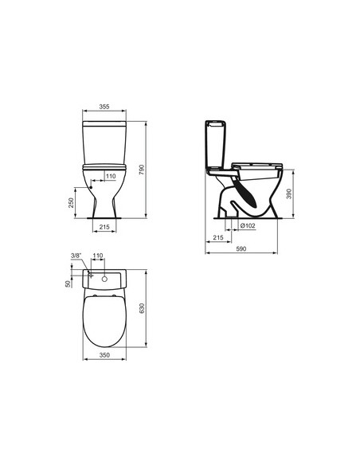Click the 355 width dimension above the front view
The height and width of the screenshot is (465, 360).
(104, 107)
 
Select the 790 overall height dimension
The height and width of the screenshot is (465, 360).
(142, 170)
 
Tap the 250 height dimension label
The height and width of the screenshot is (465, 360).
(71, 202)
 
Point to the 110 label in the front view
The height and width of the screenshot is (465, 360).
(111, 176)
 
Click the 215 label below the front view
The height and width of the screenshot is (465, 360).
(104, 227)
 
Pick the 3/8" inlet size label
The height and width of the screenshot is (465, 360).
(76, 256)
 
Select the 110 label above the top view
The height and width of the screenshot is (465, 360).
(98, 256)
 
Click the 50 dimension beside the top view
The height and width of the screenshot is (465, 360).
(68, 283)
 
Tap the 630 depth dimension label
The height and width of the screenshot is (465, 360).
(142, 308)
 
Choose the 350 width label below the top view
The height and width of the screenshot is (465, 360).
(104, 355)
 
